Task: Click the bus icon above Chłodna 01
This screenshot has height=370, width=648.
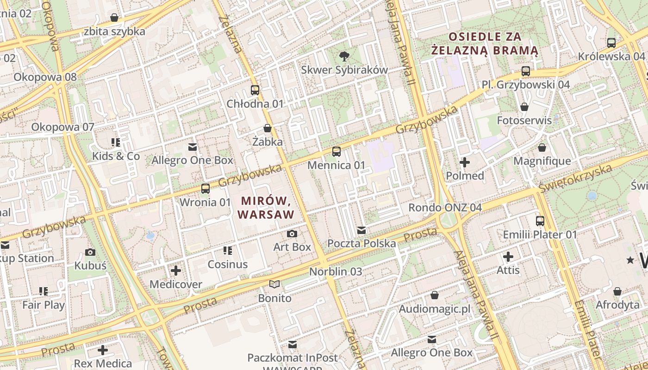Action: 255,90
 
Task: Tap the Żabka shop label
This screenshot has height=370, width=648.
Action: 268,142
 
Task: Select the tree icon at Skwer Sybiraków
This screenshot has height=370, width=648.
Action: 344,56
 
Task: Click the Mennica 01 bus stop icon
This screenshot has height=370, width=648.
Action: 336,151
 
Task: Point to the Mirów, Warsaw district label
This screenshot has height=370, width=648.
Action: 266,208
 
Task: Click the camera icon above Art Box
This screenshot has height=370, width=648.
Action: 292,234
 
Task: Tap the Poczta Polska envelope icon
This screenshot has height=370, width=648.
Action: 361,230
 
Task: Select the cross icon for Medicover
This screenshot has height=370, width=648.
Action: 176,271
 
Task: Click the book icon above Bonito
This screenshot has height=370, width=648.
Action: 274,284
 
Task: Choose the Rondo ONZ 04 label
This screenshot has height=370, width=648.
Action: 444,207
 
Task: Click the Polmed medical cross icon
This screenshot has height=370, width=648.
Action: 465,162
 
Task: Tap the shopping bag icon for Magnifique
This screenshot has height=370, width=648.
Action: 542,148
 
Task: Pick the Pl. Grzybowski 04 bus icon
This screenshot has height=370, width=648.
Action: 525,71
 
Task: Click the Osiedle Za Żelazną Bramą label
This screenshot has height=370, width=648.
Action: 485,43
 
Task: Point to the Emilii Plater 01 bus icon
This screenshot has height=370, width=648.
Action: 540,221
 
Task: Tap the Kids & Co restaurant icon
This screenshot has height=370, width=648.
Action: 115,142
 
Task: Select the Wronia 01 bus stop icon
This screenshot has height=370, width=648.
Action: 205,188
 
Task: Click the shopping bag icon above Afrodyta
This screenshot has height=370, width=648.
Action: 617,291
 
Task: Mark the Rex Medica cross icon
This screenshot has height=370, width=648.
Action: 103,350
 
